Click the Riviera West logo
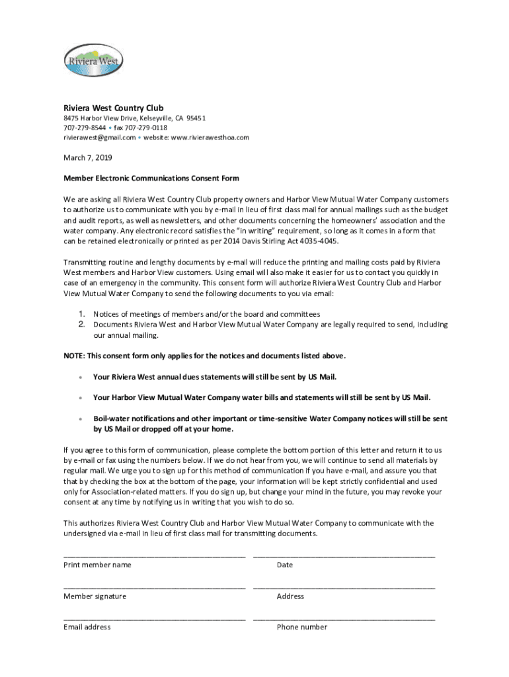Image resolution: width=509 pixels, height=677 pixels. [93, 61]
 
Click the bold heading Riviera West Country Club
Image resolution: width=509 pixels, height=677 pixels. [113, 108]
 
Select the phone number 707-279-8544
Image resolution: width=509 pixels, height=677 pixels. [85, 128]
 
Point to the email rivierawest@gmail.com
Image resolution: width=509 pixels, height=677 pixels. [100, 138]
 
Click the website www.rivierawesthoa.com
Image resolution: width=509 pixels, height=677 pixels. [210, 138]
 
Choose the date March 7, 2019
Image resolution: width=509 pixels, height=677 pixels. [88, 158]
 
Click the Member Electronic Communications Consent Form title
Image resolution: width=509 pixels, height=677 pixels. [151, 179]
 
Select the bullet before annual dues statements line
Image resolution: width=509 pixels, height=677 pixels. [80, 378]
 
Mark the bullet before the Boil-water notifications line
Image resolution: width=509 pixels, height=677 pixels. [80, 419]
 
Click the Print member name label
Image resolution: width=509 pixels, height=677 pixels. [97, 565]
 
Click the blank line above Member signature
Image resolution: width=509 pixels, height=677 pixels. [155, 587]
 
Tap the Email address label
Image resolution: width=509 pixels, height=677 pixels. [87, 627]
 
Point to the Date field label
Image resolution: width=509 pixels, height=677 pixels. [285, 565]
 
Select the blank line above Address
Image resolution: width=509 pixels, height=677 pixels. [344, 587]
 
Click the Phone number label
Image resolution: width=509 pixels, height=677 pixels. [302, 627]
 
